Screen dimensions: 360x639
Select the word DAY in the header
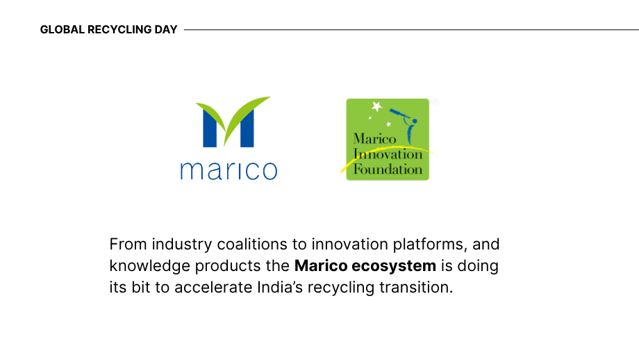[x=167, y=30]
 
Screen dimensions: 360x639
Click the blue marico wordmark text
[x=229, y=170]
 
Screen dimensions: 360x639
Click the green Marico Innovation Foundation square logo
[x=388, y=139]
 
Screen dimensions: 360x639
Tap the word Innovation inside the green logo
[x=388, y=154]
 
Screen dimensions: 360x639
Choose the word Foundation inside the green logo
[x=388, y=168]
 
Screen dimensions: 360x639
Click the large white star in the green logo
[x=377, y=106]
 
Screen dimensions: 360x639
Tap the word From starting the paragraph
[x=128, y=245]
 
